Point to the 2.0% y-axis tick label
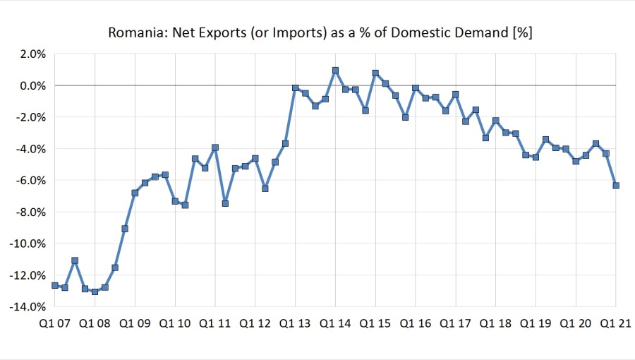(32, 54)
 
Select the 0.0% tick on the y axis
(32, 85)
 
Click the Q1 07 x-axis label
(55, 324)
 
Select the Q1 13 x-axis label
(296, 324)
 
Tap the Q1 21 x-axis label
(615, 324)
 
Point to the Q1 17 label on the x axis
(456, 324)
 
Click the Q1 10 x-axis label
(175, 324)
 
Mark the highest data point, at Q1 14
(335, 71)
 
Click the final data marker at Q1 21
(616, 186)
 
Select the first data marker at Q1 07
(55, 285)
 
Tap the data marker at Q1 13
(296, 88)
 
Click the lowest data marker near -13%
(95, 292)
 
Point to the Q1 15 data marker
(375, 73)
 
